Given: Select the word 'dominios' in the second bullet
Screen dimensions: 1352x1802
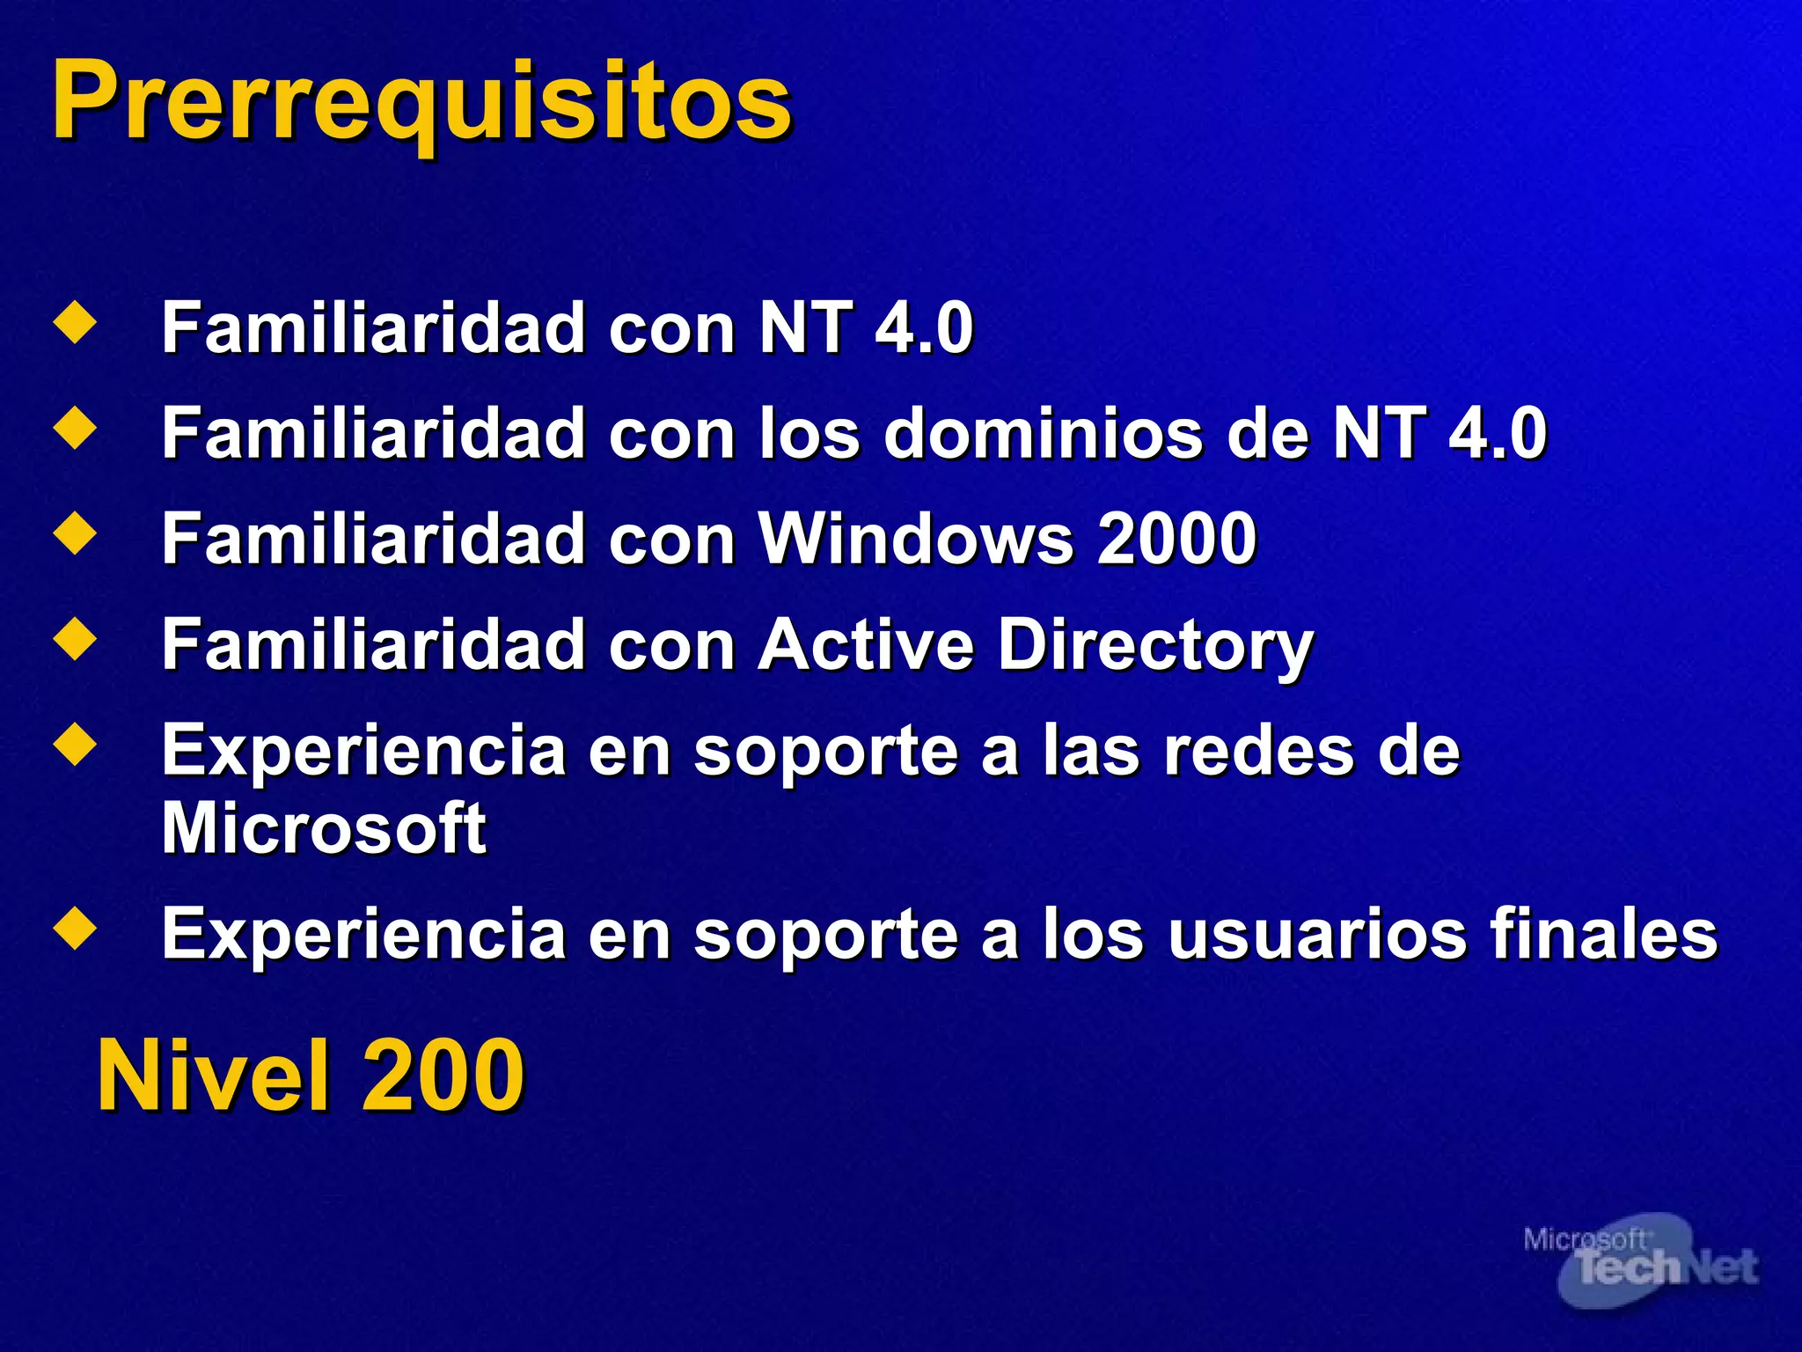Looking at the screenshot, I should [1044, 433].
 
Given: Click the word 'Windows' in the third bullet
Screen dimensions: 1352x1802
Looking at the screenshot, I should [916, 539].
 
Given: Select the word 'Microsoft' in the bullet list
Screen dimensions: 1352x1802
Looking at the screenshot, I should [324, 828].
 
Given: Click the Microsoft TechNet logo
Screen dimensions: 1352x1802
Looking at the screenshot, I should [1640, 1260].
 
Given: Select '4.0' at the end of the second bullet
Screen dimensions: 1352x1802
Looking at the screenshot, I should [1497, 433].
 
